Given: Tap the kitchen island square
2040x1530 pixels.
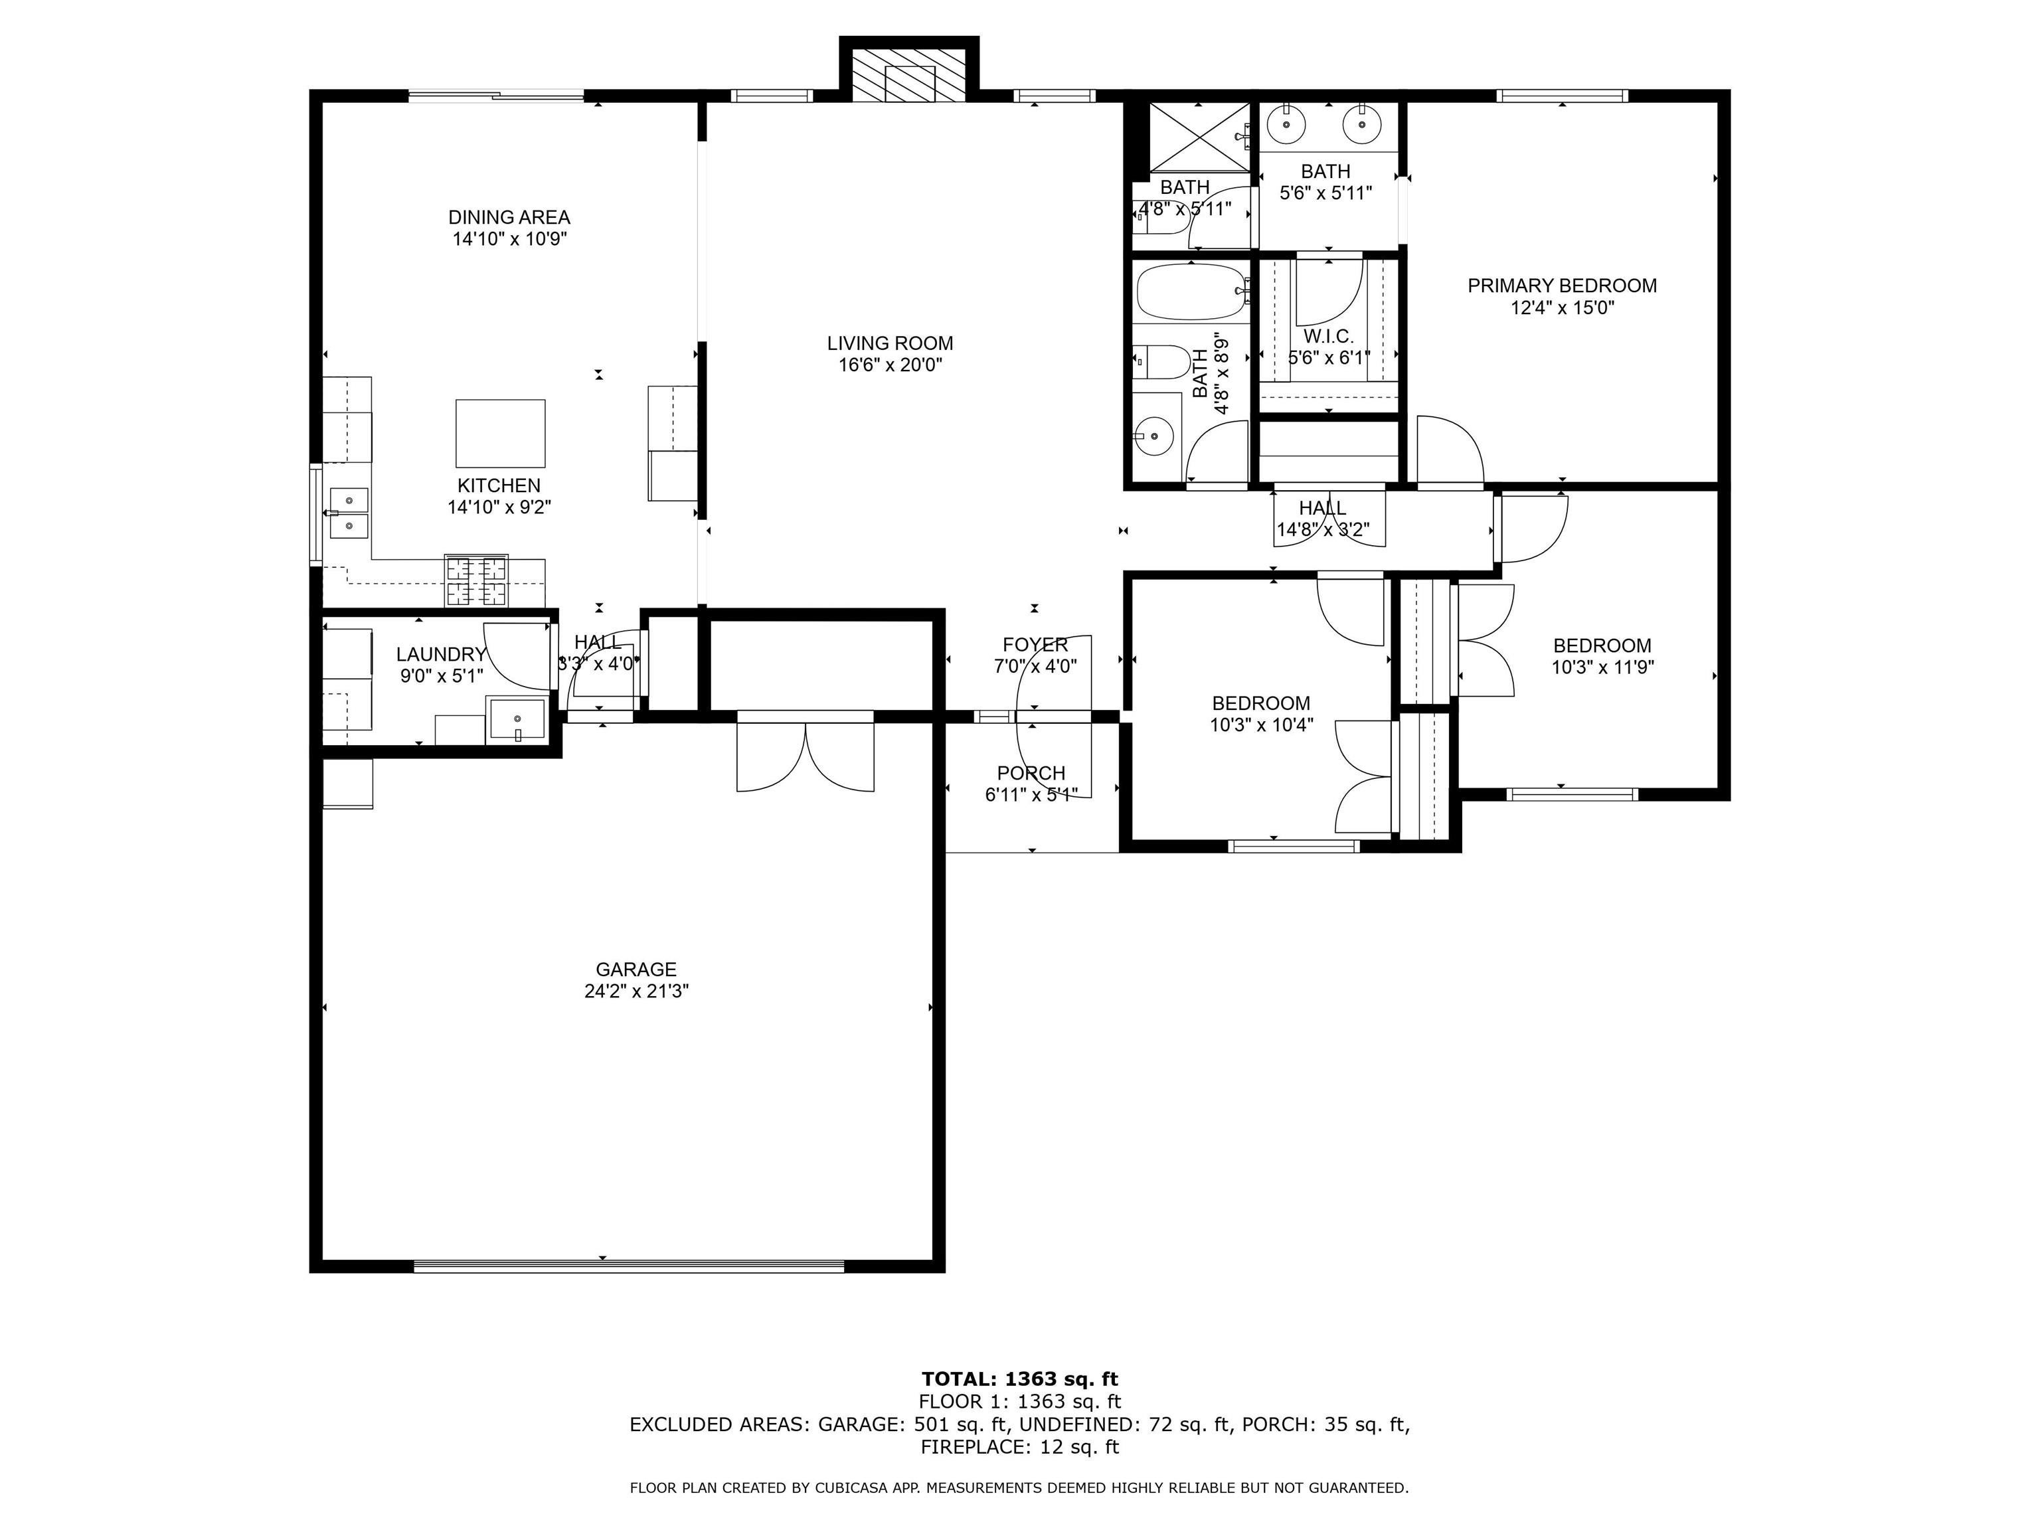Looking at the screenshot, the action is tap(500, 434).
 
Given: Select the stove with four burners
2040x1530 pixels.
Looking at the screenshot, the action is tap(476, 580).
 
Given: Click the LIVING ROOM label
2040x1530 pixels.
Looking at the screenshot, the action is tap(890, 343).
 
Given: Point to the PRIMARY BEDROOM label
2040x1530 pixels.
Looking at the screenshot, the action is tap(1563, 286).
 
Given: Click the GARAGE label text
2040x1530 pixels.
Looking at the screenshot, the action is tap(636, 970).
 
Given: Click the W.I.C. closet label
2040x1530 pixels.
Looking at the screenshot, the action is tap(1328, 337).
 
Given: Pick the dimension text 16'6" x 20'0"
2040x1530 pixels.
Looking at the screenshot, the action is tap(890, 365).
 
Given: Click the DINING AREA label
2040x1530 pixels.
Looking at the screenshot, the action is tap(509, 218).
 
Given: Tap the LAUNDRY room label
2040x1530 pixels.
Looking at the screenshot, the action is tap(441, 655).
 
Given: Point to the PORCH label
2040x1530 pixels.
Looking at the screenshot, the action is tap(1031, 773).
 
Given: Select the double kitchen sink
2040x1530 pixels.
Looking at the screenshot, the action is tap(349, 513).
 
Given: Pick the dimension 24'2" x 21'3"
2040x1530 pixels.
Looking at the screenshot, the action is tap(636, 991).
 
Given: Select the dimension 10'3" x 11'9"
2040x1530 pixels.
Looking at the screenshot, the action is tap(1603, 667).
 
